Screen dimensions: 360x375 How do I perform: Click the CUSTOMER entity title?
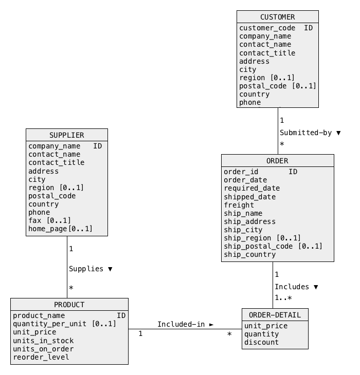(277, 17)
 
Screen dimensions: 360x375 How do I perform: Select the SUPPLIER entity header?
(67, 136)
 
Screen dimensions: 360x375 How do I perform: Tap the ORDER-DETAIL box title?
(275, 315)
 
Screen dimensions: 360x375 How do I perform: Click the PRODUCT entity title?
(69, 305)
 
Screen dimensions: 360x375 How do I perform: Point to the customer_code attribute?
(267, 28)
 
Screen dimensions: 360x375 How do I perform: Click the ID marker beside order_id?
(293, 172)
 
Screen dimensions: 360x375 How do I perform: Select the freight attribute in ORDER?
(239, 205)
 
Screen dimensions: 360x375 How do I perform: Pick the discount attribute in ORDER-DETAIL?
(261, 342)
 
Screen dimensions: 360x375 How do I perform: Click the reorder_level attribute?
(41, 357)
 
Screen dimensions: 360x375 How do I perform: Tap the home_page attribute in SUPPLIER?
(48, 229)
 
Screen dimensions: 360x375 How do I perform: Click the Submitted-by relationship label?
(305, 133)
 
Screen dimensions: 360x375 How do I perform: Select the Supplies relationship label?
(86, 269)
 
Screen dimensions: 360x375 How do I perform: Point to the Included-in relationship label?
(181, 324)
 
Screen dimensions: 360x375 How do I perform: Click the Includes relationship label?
(292, 287)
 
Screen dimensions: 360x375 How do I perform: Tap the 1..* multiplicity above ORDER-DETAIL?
(283, 298)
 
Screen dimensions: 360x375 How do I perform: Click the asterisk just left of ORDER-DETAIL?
(229, 333)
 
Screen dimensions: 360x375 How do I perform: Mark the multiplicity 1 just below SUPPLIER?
(71, 249)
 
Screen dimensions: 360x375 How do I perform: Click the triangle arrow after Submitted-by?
(338, 133)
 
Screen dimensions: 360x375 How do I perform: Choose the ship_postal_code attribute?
(258, 247)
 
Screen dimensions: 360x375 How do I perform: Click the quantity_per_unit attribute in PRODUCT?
(49, 324)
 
